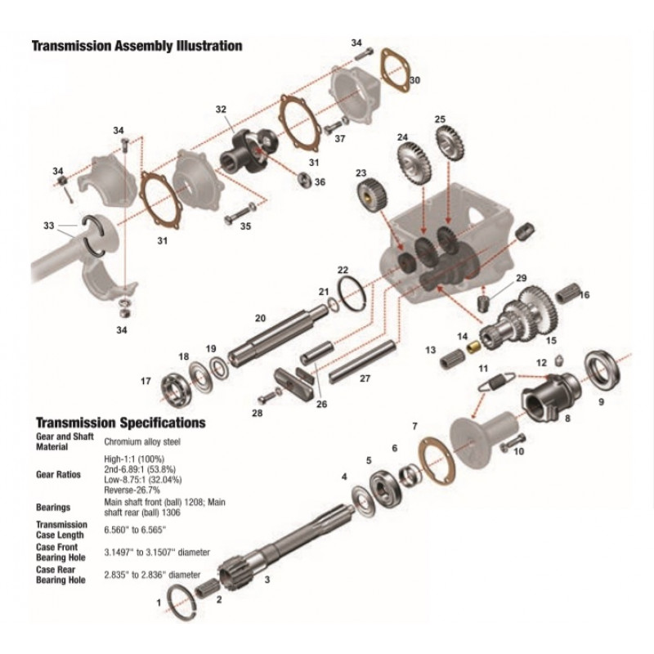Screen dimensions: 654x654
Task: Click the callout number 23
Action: (x=361, y=173)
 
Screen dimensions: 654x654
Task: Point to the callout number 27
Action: (x=365, y=379)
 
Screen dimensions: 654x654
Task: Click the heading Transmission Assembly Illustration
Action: (x=137, y=46)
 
